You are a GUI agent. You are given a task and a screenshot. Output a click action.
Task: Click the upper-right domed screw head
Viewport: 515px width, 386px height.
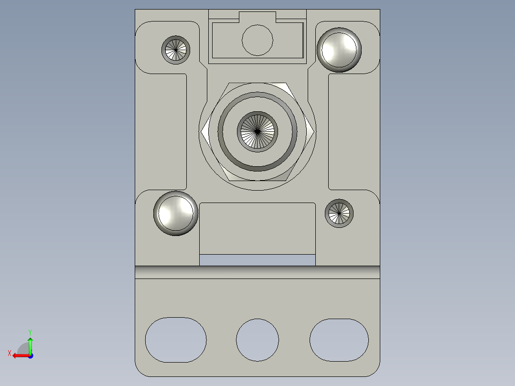click(x=339, y=50)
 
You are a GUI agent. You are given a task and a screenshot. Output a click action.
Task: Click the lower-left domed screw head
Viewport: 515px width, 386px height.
click(x=176, y=213)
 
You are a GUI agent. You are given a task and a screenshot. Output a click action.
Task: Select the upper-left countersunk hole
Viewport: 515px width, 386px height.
click(x=176, y=49)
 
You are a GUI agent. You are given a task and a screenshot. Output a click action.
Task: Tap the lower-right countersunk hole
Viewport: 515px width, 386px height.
click(x=339, y=213)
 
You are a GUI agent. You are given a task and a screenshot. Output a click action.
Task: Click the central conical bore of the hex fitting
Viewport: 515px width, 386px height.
click(x=257, y=131)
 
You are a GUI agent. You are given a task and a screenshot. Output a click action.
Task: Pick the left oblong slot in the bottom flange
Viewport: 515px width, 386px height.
click(x=176, y=340)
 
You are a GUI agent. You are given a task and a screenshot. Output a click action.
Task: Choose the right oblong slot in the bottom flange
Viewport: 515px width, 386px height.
click(x=339, y=340)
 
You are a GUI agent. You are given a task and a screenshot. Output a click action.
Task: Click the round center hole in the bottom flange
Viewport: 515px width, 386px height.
click(x=257, y=340)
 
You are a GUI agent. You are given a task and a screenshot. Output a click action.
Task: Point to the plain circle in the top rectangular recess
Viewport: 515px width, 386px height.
click(x=257, y=40)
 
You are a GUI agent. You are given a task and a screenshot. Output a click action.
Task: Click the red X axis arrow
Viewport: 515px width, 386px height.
click(x=19, y=355)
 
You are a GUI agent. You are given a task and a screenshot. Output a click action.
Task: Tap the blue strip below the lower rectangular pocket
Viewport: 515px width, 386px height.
click(x=257, y=260)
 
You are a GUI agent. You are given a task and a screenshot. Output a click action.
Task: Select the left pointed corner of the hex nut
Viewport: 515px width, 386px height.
click(x=203, y=131)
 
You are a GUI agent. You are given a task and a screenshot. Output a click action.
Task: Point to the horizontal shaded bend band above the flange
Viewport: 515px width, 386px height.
click(x=257, y=272)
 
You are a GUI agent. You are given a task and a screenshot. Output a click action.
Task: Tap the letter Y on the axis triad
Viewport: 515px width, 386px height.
click(x=30, y=332)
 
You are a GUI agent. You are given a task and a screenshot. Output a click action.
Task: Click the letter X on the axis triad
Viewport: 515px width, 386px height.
click(x=9, y=353)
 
